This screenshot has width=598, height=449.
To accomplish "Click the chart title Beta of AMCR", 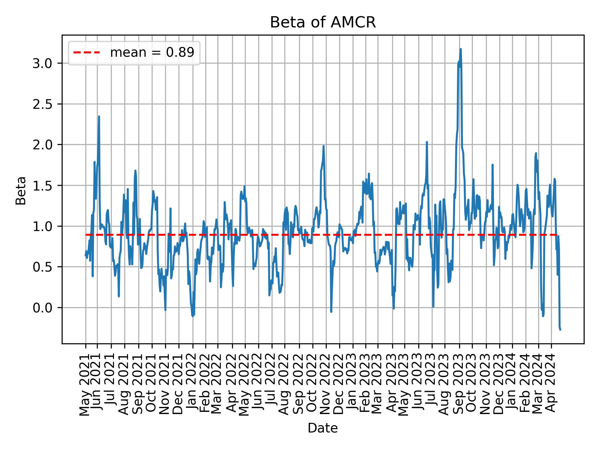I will (x=323, y=22).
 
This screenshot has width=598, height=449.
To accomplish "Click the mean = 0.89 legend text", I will (x=152, y=53).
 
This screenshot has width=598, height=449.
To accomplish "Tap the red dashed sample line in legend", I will (x=87, y=53).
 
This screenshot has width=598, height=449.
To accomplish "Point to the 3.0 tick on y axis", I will (x=43, y=63).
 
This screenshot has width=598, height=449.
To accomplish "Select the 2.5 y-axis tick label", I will (x=43, y=104).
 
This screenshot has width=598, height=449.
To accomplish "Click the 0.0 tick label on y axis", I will (x=43, y=308).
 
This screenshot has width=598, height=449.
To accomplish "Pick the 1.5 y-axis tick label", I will (x=43, y=186).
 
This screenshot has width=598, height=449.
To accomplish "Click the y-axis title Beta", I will (x=21, y=191).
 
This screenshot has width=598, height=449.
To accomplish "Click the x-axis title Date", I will (x=323, y=428).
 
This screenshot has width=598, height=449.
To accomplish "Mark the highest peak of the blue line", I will (x=460, y=49).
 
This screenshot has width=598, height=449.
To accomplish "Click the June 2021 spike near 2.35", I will (x=99, y=116).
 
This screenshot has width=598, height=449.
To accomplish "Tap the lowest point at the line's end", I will (x=560, y=330).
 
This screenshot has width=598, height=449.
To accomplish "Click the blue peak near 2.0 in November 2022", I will (x=324, y=146).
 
